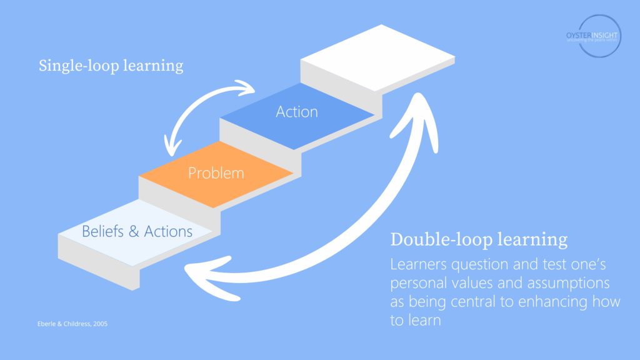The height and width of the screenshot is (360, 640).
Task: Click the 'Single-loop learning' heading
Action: coord(111,66)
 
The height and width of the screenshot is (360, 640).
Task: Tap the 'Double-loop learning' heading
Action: coord(479,239)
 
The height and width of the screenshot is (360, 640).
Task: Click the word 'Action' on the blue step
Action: coord(297,112)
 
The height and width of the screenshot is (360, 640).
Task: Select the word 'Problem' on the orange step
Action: coord(216,172)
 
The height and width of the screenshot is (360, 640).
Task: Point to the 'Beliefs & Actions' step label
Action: coord(137,231)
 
